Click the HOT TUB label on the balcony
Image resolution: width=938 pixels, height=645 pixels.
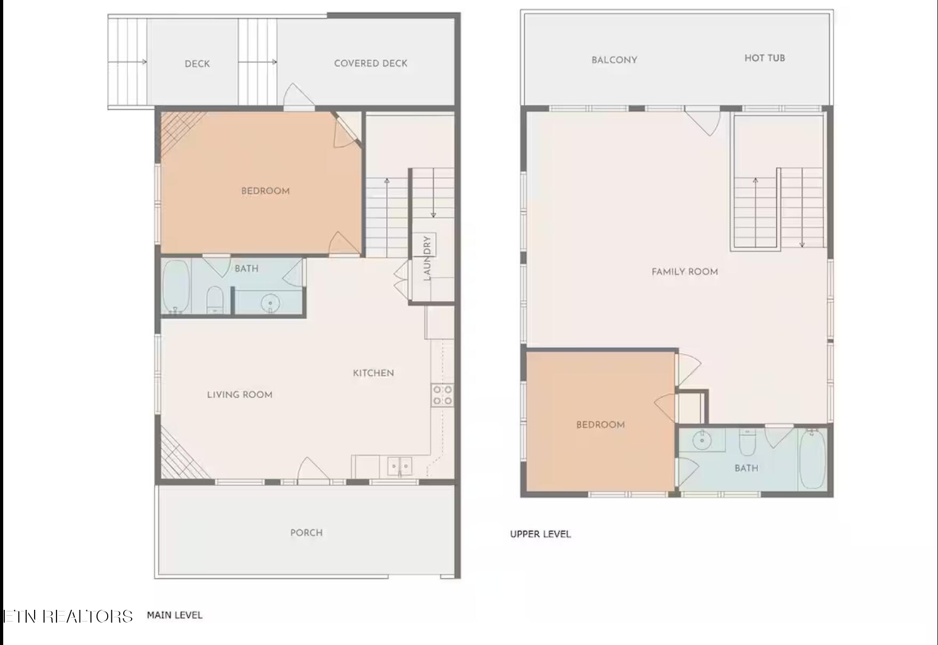[765, 58]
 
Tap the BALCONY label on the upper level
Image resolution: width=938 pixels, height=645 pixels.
[614, 60]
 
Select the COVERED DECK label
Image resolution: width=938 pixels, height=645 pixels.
[371, 63]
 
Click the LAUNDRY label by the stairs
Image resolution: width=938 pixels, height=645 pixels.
[427, 258]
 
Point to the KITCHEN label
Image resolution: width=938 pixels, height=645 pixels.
[373, 373]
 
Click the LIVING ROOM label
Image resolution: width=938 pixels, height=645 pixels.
[239, 394]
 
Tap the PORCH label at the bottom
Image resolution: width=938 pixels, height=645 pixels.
[306, 533]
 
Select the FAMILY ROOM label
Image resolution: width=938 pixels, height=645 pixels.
[685, 271]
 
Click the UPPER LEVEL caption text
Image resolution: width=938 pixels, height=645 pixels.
[540, 534]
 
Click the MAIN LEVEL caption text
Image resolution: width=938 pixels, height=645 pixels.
[174, 615]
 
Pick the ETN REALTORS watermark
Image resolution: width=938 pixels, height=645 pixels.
[68, 616]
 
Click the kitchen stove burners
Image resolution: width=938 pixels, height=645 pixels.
[443, 395]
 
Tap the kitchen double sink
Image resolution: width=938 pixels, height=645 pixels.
[399, 467]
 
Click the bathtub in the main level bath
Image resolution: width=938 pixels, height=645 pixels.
[176, 287]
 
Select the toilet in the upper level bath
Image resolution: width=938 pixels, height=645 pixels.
[747, 443]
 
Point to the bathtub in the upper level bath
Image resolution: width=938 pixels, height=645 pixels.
[813, 459]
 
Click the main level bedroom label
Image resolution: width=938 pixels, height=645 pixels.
[265, 191]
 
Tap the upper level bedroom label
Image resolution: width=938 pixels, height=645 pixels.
[600, 425]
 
